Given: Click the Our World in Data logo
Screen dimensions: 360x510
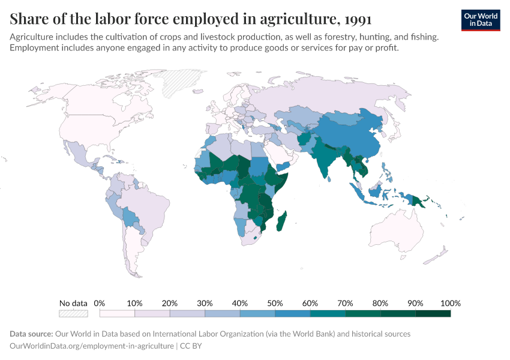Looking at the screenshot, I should point(481,20).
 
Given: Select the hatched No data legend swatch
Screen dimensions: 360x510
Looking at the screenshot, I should point(73,313).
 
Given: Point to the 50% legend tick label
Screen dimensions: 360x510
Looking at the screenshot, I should point(275,303).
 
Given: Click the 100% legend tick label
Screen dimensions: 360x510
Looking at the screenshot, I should point(450,303).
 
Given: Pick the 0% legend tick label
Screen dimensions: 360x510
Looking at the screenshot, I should point(100,303).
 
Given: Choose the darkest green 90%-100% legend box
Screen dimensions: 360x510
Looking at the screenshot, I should point(433,313).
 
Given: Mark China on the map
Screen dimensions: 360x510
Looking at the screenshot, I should point(354,138).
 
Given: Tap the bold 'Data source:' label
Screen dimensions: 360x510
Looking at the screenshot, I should point(31,334).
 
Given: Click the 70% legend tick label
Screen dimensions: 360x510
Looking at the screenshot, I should point(345,303).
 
